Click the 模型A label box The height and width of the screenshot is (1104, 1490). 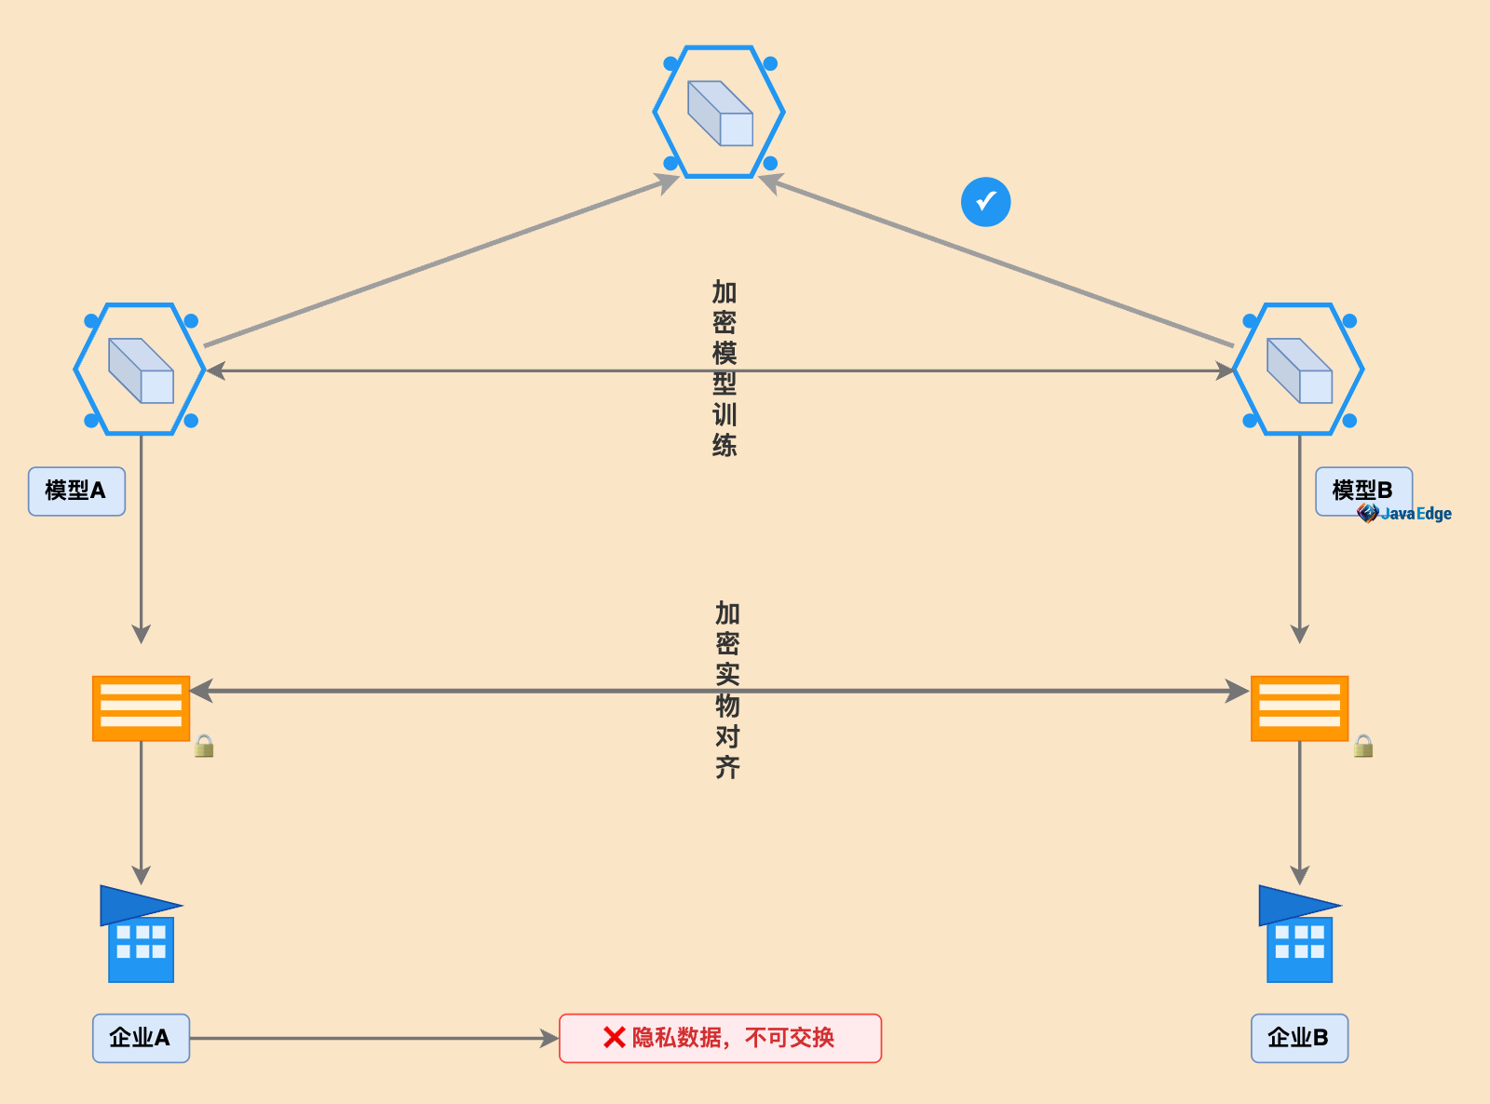click(76, 491)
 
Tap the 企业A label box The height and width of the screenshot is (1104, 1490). click(141, 1038)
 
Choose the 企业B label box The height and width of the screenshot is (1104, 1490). click(1299, 1038)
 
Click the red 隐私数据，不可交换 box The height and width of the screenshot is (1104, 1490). click(720, 1038)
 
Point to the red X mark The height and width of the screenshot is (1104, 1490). click(614, 1037)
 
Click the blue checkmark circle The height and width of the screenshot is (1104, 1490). click(985, 201)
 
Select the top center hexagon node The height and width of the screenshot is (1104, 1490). click(719, 112)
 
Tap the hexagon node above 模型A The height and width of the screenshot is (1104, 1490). click(141, 370)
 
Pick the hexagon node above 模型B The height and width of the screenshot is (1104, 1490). click(1299, 370)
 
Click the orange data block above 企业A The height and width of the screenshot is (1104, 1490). click(141, 708)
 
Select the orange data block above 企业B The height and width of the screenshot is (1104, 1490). click(1299, 708)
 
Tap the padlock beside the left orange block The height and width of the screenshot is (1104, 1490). click(204, 746)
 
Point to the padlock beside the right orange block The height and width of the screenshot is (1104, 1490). click(1363, 746)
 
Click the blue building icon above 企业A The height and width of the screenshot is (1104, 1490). click(141, 934)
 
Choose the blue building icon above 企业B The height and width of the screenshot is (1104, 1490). click(1299, 934)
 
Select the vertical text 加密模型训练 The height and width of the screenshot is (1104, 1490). click(725, 369)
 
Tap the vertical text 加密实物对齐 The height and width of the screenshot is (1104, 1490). click(727, 690)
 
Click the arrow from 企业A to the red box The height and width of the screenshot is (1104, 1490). click(372, 1038)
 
